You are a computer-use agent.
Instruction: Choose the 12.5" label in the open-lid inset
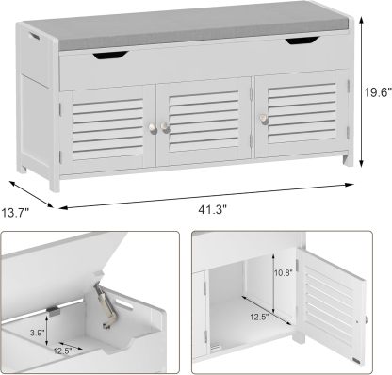61,350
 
